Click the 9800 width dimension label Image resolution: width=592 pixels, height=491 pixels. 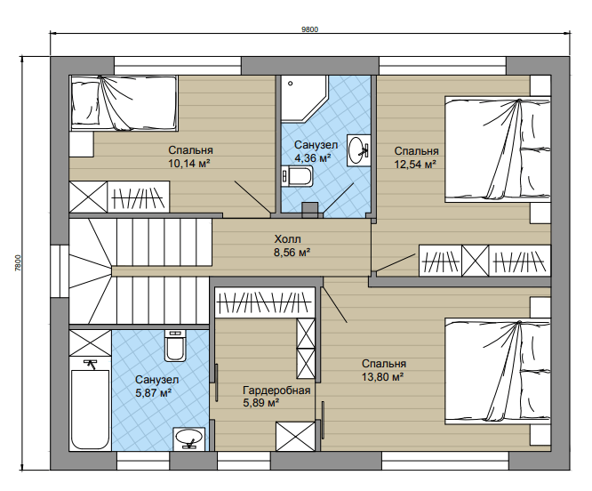tap(309, 30)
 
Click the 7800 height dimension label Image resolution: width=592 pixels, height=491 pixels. tap(18, 262)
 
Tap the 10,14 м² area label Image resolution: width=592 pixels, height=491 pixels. tap(189, 164)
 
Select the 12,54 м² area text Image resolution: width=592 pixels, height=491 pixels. tap(416, 165)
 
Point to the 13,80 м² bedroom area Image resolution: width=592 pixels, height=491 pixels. tap(383, 377)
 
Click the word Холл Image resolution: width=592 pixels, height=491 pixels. tap(287, 239)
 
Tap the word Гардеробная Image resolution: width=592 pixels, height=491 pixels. tap(276, 390)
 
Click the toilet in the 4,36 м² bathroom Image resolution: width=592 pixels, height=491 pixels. tap(297, 176)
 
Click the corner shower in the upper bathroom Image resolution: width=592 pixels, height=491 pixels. tap(302, 98)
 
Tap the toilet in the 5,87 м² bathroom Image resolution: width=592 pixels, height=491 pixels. tap(175, 345)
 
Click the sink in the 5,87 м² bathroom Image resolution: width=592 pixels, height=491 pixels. tap(189, 439)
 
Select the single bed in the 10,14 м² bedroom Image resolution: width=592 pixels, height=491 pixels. tap(124, 103)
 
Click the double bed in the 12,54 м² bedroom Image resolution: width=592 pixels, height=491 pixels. tap(498, 149)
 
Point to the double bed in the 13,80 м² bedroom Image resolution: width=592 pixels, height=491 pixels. tap(498, 371)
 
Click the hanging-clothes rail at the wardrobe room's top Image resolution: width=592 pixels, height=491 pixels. tap(265, 302)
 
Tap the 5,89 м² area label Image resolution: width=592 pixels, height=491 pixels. tap(260, 403)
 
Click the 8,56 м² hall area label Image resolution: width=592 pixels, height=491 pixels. tap(292, 253)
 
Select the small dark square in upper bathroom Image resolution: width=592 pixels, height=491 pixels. tap(310, 210)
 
